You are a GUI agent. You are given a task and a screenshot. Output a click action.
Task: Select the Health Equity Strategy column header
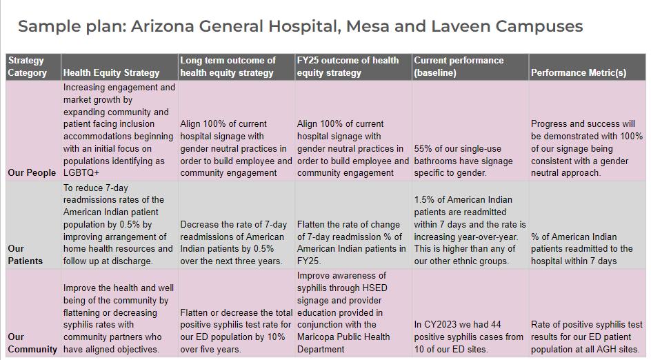pyautogui.click(x=111, y=72)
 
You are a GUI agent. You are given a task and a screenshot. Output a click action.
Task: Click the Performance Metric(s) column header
pyautogui.click(x=579, y=72)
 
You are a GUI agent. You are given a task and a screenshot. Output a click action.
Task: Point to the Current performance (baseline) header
pyautogui.click(x=459, y=66)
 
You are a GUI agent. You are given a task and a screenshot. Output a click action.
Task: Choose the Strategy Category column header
pyautogui.click(x=28, y=66)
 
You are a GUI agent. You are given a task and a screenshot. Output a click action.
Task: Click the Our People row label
pyautogui.click(x=32, y=172)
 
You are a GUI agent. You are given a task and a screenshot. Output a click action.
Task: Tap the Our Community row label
pyautogui.click(x=32, y=343)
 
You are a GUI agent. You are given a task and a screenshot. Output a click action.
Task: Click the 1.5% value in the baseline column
pyautogui.click(x=425, y=200)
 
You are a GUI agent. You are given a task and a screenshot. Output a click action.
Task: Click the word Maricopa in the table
pyautogui.click(x=317, y=337)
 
